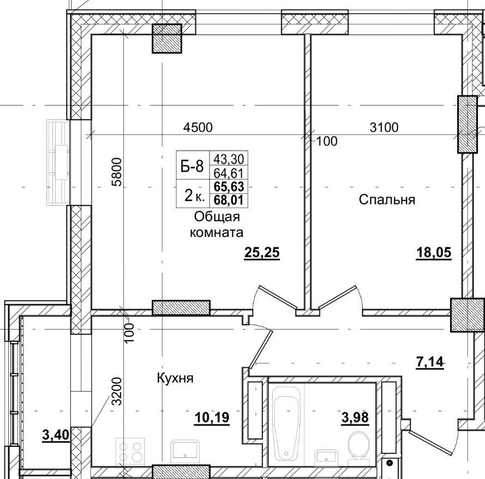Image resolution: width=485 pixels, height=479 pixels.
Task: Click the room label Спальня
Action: click(x=387, y=199)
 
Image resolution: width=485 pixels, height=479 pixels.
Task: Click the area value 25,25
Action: click(x=262, y=253)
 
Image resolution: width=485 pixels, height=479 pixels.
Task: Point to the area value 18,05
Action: click(x=434, y=253)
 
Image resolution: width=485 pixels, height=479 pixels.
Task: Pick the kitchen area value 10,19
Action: click(x=212, y=417)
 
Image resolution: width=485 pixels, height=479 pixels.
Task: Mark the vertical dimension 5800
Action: click(x=116, y=172)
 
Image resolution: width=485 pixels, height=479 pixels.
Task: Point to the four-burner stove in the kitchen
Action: click(x=131, y=452)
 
